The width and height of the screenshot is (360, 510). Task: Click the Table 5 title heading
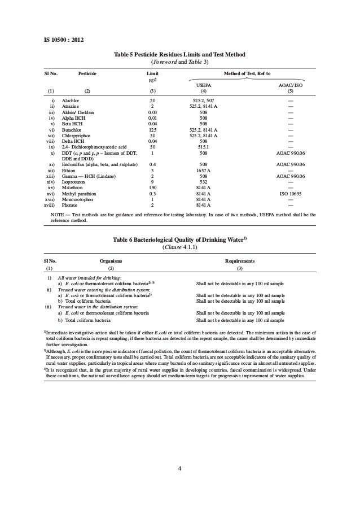(180, 54)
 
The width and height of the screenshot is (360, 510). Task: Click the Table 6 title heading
(180, 240)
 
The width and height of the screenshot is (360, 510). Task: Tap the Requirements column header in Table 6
(240, 261)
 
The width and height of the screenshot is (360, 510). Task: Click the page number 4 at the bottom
(180, 468)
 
